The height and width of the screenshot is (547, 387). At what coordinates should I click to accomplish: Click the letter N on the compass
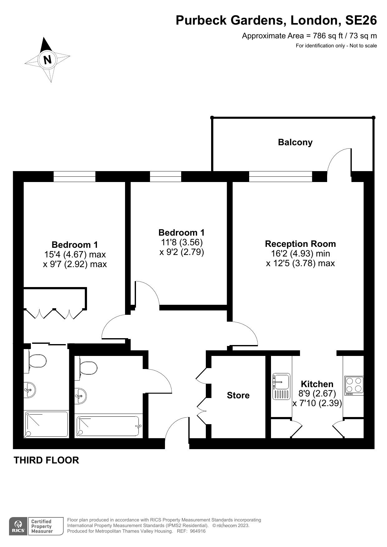(47, 60)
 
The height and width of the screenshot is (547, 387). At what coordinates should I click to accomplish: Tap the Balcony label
(295, 142)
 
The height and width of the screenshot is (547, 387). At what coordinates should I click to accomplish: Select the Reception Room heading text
(300, 244)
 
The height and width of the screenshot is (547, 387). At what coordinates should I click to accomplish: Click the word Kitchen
(317, 384)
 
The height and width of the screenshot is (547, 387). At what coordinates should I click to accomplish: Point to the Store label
(238, 395)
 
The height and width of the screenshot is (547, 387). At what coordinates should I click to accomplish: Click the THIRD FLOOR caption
(46, 460)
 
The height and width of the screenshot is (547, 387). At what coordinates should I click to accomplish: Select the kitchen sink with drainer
(281, 386)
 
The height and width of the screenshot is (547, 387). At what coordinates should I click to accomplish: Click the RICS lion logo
(18, 526)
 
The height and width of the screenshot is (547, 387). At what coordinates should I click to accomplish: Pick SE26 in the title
(361, 20)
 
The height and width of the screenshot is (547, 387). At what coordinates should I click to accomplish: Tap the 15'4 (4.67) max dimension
(75, 255)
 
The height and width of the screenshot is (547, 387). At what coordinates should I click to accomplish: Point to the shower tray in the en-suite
(46, 424)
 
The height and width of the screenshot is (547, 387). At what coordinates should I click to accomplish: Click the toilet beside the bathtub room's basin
(88, 368)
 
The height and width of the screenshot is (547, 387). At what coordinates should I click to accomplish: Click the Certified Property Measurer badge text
(42, 526)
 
